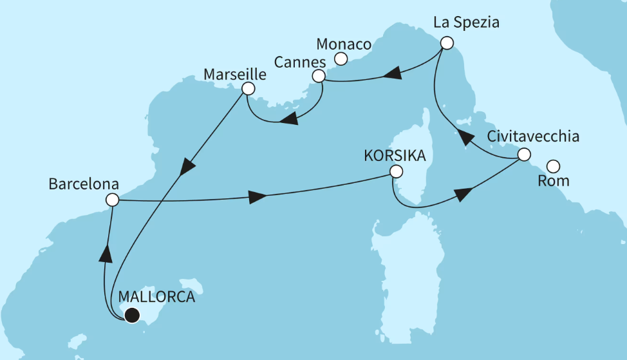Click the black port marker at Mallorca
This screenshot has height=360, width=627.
click(x=133, y=315)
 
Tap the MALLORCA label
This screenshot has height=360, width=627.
click(x=156, y=298)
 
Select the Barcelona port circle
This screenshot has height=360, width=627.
click(x=112, y=200)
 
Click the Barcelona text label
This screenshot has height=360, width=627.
click(x=84, y=184)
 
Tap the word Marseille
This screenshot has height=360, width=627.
click(x=234, y=74)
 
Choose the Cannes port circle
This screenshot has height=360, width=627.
click(x=318, y=77)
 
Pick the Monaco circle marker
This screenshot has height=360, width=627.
click(x=341, y=59)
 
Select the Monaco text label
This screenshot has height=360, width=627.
click(x=344, y=44)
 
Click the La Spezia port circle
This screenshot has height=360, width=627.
click(x=446, y=43)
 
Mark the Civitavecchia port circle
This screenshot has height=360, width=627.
click(x=524, y=155)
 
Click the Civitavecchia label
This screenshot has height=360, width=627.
click(x=533, y=137)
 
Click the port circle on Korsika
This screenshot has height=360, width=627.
click(x=396, y=172)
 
